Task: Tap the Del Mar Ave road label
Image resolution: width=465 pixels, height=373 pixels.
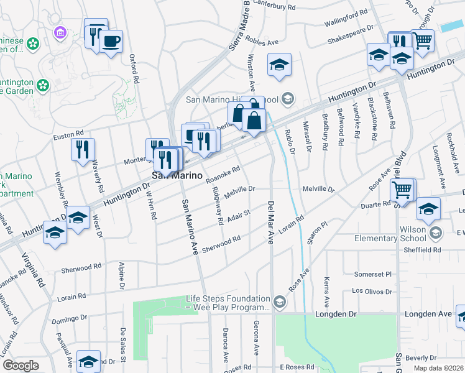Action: pos(271,222)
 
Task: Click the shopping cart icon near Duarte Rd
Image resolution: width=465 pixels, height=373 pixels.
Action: pos(403,188)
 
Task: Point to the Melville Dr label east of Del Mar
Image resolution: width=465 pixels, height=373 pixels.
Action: pos(318,188)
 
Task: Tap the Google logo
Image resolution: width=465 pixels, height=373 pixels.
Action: pos(20,366)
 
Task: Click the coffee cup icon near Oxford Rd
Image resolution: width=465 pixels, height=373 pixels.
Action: pos(111,41)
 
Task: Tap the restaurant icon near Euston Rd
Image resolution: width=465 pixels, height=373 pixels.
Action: pos(83,149)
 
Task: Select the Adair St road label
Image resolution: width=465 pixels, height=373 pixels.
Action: pos(239,215)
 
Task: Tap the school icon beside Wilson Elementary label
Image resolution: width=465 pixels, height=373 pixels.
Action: pos(435,234)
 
